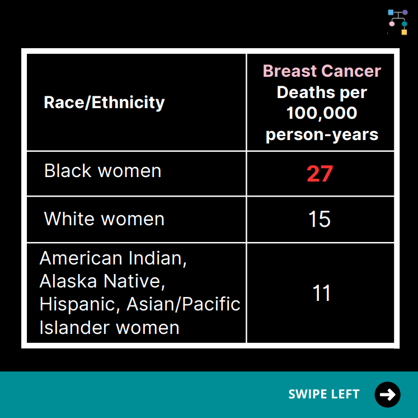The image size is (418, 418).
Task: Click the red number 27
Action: pyautogui.click(x=320, y=174)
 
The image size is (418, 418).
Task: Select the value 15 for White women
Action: pyautogui.click(x=320, y=219)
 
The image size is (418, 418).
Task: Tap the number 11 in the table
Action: pyautogui.click(x=322, y=293)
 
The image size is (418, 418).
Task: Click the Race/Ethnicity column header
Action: pyautogui.click(x=104, y=103)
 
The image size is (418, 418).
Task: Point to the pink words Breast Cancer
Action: pyautogui.click(x=322, y=71)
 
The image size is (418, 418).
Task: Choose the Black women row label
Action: pyautogui.click(x=102, y=171)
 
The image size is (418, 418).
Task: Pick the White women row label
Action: pyautogui.click(x=104, y=219)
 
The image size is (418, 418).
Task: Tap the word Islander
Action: pyautogui.click(x=74, y=328)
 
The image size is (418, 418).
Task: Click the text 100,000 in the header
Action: pyautogui.click(x=322, y=113)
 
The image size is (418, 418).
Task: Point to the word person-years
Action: pyautogui.click(x=322, y=135)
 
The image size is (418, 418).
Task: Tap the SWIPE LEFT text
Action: pyautogui.click(x=324, y=394)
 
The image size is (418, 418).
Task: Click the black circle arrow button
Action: pyautogui.click(x=387, y=394)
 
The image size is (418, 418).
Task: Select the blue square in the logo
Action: pyautogui.click(x=391, y=12)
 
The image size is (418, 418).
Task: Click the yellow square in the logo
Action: pyautogui.click(x=405, y=32)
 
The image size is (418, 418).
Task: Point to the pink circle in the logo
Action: pyautogui.click(x=392, y=24)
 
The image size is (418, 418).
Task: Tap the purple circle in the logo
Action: pyautogui.click(x=405, y=12)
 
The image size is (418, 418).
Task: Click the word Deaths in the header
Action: pyautogui.click(x=306, y=92)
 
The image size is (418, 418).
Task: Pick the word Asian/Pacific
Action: pyautogui.click(x=184, y=304)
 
